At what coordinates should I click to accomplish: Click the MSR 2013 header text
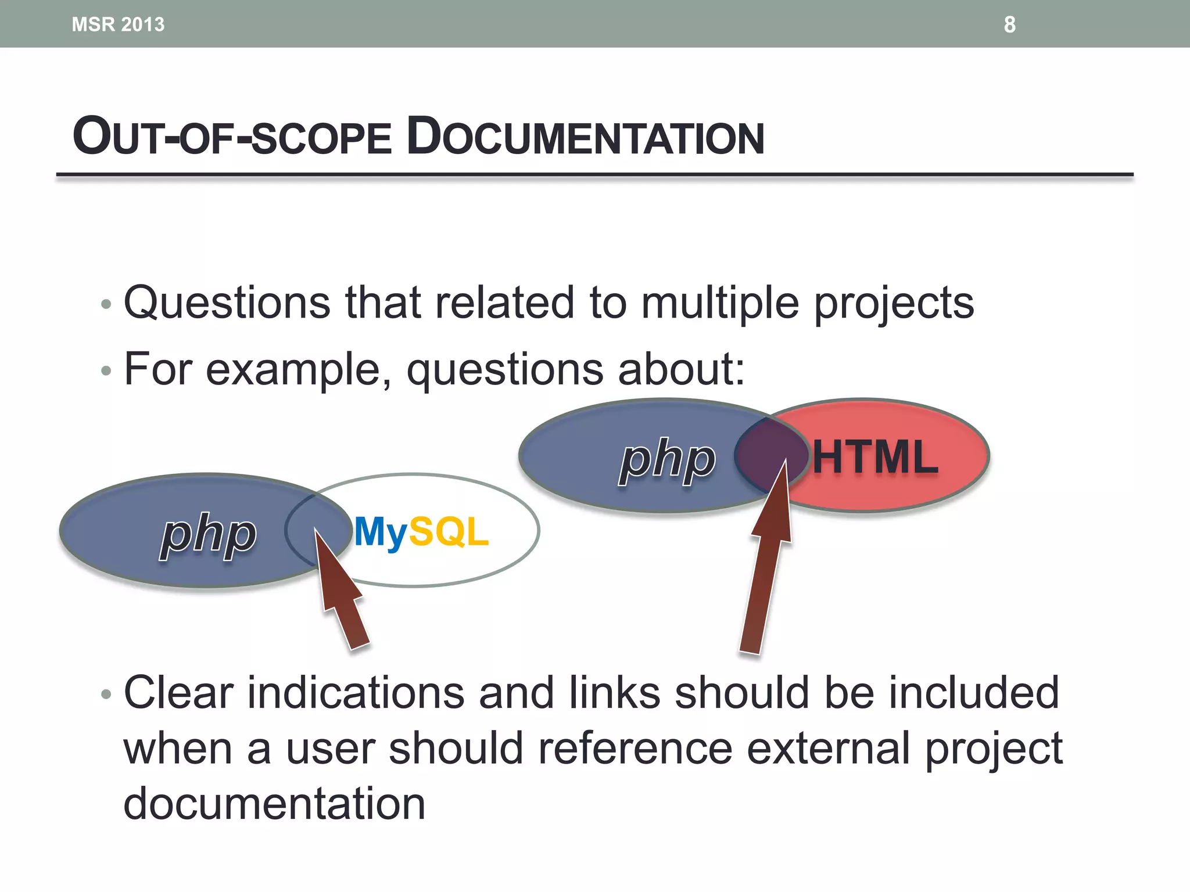pos(118,24)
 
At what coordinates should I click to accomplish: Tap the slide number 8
pos(1009,24)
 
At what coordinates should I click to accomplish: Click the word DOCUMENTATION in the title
pos(585,137)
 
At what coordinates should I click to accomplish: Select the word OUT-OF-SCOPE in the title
pos(232,137)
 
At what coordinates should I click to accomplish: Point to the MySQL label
pos(421,531)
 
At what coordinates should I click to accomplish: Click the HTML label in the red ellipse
pos(875,458)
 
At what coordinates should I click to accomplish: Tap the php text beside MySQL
pos(208,534)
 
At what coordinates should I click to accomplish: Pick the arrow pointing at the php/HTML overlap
pos(767,569)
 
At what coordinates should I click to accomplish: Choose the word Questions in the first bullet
pos(227,303)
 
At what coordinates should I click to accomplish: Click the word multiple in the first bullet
pos(720,303)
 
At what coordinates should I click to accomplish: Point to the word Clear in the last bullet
pos(178,693)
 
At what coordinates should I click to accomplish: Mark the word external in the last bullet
pos(828,749)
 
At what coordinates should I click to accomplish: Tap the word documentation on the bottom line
pos(274,804)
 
